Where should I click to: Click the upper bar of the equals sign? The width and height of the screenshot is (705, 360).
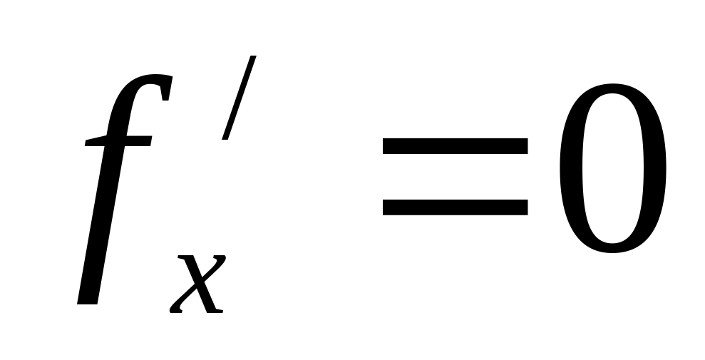(455, 146)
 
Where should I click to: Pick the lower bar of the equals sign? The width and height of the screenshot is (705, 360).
(455, 207)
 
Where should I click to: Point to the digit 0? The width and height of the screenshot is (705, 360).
(613, 169)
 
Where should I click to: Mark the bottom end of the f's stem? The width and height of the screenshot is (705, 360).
(87, 299)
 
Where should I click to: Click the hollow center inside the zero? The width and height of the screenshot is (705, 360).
(613, 169)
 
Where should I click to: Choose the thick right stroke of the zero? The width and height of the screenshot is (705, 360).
(654, 169)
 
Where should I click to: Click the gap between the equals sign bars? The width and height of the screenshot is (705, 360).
(455, 177)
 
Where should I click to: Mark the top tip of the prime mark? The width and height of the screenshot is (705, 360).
(250, 58)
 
